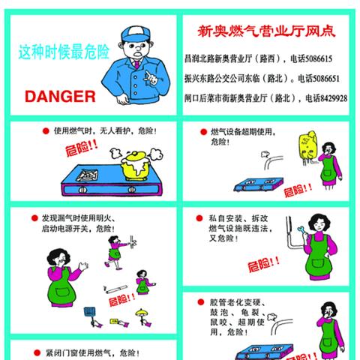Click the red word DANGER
pyautogui.click(x=60, y=96)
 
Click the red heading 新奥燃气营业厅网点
pyautogui.click(x=265, y=31)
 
